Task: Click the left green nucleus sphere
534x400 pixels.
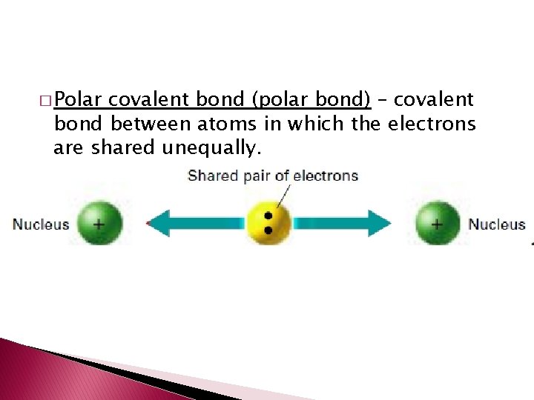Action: click(99, 223)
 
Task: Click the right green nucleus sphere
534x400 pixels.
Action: click(437, 223)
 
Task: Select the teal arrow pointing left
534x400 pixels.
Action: click(197, 223)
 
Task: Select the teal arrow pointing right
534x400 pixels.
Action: click(341, 223)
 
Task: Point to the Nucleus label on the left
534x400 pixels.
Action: click(41, 224)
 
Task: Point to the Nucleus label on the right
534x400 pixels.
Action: click(496, 224)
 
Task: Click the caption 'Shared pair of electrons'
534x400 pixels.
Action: click(273, 176)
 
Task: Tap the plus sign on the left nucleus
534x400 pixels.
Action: click(98, 221)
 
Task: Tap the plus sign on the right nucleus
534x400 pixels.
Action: click(437, 221)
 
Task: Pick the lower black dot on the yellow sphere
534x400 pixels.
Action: click(268, 230)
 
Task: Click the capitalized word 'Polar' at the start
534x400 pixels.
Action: click(81, 99)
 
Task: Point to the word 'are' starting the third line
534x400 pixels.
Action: click(69, 148)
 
